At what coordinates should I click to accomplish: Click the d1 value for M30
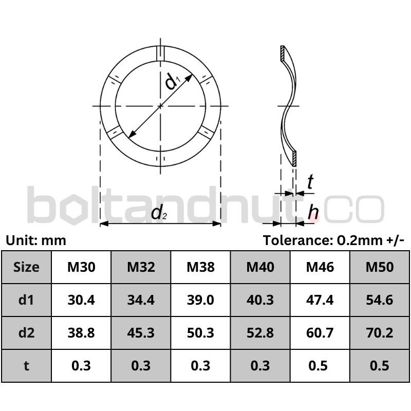point(81,300)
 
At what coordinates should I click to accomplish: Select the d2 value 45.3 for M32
point(141,333)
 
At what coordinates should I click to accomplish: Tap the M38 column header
point(200,267)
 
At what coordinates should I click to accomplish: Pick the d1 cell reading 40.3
point(260,300)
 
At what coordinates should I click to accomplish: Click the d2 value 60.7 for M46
point(320,333)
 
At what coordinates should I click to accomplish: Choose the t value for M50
point(380,366)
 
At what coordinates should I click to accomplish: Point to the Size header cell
point(26,267)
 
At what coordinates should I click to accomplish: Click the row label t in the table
point(26,366)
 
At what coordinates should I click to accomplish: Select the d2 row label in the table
point(27,333)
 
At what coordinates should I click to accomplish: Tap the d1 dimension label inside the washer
point(173,81)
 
